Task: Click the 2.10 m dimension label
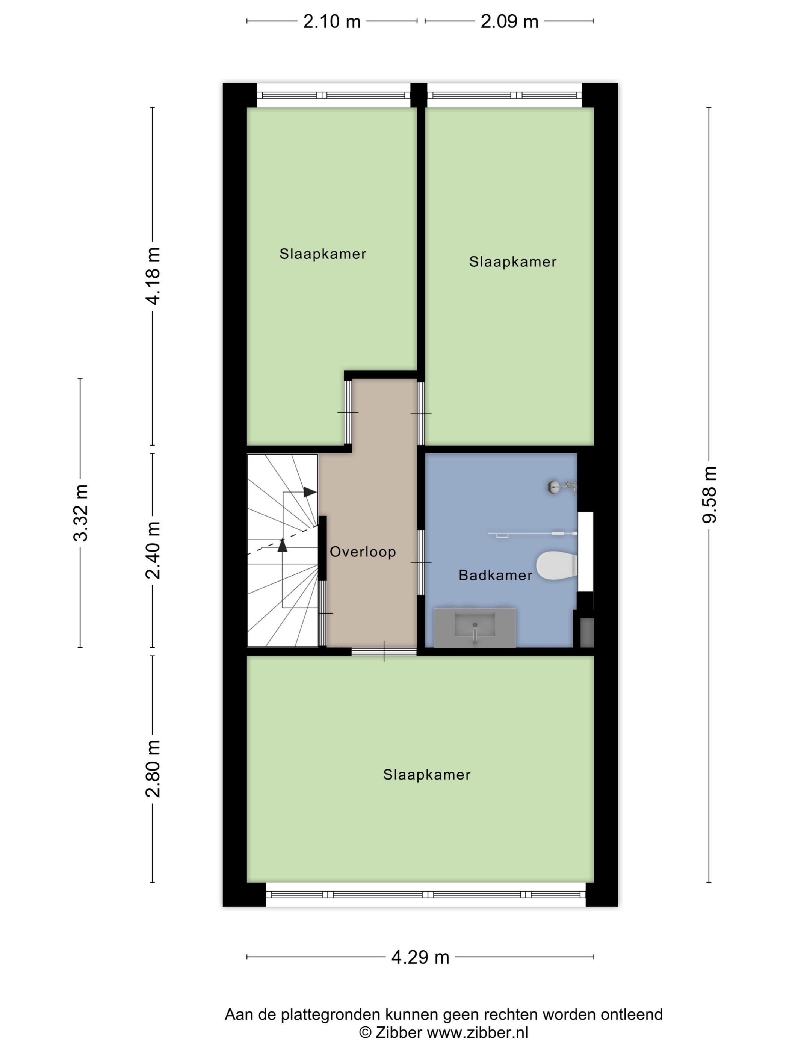pyautogui.click(x=332, y=21)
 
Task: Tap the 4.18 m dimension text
pyautogui.click(x=153, y=276)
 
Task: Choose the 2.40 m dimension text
pyautogui.click(x=153, y=550)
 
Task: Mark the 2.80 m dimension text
pyautogui.click(x=153, y=769)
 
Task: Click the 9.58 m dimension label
pyautogui.click(x=709, y=494)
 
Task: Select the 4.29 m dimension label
pyautogui.click(x=420, y=957)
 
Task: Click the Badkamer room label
pyautogui.click(x=495, y=576)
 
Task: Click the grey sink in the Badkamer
pyautogui.click(x=475, y=627)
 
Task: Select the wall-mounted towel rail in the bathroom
pyautogui.click(x=533, y=535)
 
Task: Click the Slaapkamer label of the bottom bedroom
pyautogui.click(x=426, y=775)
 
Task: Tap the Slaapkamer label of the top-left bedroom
pyautogui.click(x=322, y=254)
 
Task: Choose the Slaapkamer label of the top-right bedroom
pyautogui.click(x=513, y=261)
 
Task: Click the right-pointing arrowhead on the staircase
pyautogui.click(x=310, y=492)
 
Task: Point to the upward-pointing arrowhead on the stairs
pyautogui.click(x=283, y=545)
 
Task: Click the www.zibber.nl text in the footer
pyautogui.click(x=477, y=1032)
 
